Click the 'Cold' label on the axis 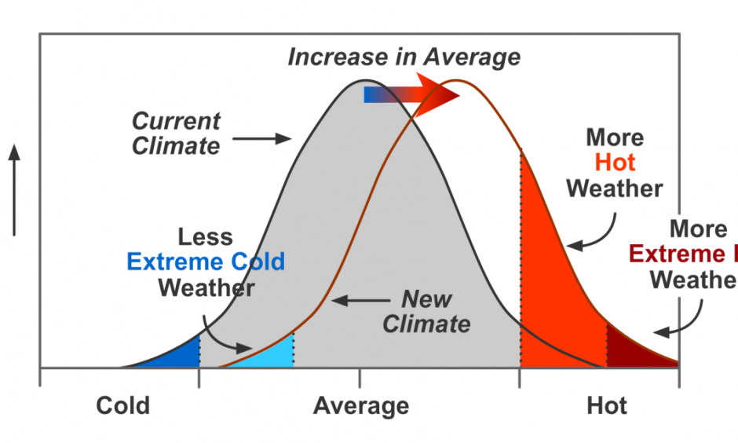122,406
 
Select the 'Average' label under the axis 361,406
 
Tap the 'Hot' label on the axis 607,406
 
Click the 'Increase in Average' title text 404,57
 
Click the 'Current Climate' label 176,134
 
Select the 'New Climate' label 427,312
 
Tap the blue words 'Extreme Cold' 206,262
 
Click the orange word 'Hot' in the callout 615,163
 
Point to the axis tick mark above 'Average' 360,378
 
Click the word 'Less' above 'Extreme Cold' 206,237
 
